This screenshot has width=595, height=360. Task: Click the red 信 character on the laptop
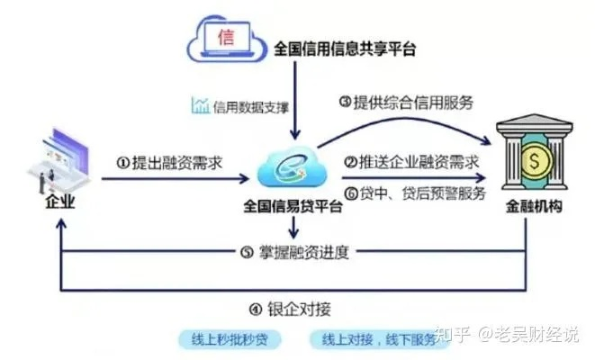coord(226,38)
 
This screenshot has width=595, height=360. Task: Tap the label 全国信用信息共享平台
coord(345,49)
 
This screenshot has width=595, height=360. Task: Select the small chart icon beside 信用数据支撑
coord(200,105)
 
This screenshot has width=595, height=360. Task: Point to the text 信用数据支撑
coord(251,107)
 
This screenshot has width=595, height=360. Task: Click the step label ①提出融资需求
coord(169,163)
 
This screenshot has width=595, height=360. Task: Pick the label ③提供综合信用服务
coord(406,103)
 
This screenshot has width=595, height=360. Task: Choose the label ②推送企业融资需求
coord(411,162)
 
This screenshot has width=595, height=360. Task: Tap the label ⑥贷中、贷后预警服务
coord(415,193)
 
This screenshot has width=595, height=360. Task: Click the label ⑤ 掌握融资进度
coord(295,252)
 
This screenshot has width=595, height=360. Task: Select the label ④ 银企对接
coord(290,310)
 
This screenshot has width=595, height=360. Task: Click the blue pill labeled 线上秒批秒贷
coord(230,339)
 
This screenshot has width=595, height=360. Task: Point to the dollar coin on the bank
coord(535,160)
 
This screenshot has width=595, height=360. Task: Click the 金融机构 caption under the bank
coord(534,207)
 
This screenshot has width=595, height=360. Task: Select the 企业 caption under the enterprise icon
coord(60,202)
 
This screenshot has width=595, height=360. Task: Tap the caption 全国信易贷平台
coord(293,207)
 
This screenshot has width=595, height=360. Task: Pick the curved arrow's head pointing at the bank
coord(487,141)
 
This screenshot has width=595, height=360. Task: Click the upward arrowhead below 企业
coord(61,223)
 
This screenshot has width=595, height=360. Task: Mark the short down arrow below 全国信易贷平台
coord(293,228)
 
